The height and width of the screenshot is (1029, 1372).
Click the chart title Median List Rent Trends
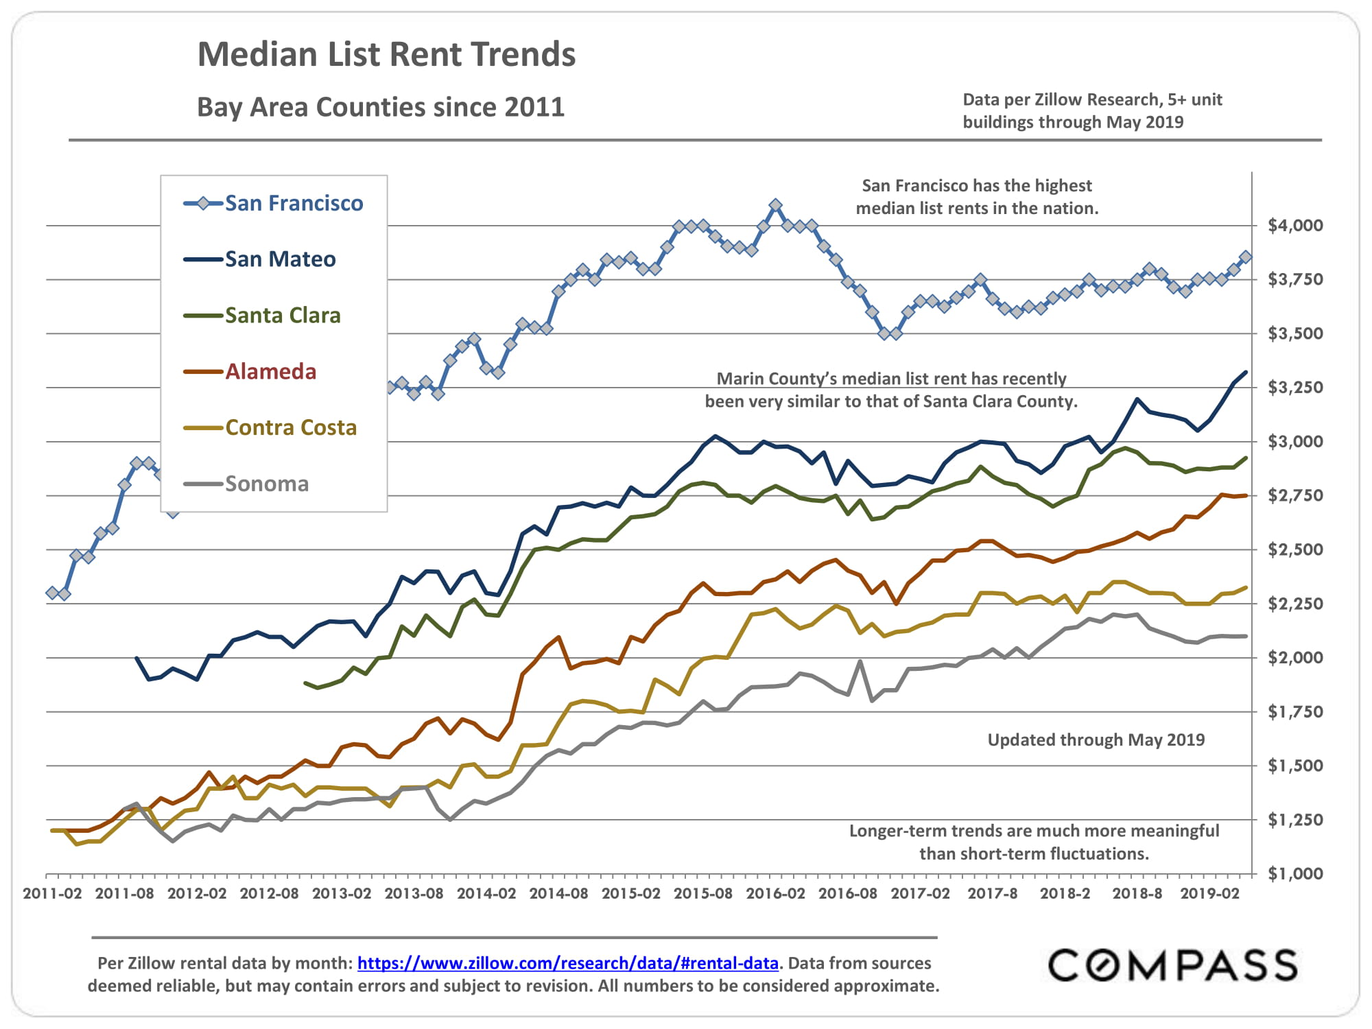[x=386, y=54]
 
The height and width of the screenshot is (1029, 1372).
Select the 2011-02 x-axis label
[x=52, y=893]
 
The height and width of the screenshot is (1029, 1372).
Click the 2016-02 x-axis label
[x=775, y=893]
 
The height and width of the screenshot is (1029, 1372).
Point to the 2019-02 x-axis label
[x=1209, y=893]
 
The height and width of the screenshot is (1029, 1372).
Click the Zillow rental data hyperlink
[x=567, y=963]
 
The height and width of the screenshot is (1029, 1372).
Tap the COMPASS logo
[x=1172, y=965]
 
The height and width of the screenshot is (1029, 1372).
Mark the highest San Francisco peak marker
[x=775, y=205]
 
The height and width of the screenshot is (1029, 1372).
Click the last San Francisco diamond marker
[x=1246, y=257]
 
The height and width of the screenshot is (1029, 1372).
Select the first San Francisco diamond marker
[x=52, y=593]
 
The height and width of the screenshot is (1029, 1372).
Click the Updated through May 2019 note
[x=1096, y=740]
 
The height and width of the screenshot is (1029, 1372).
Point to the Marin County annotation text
[x=891, y=390]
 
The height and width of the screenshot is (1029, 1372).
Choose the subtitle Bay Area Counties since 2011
[x=381, y=107]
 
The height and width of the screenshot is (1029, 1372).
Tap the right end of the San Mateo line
[x=1246, y=372]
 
